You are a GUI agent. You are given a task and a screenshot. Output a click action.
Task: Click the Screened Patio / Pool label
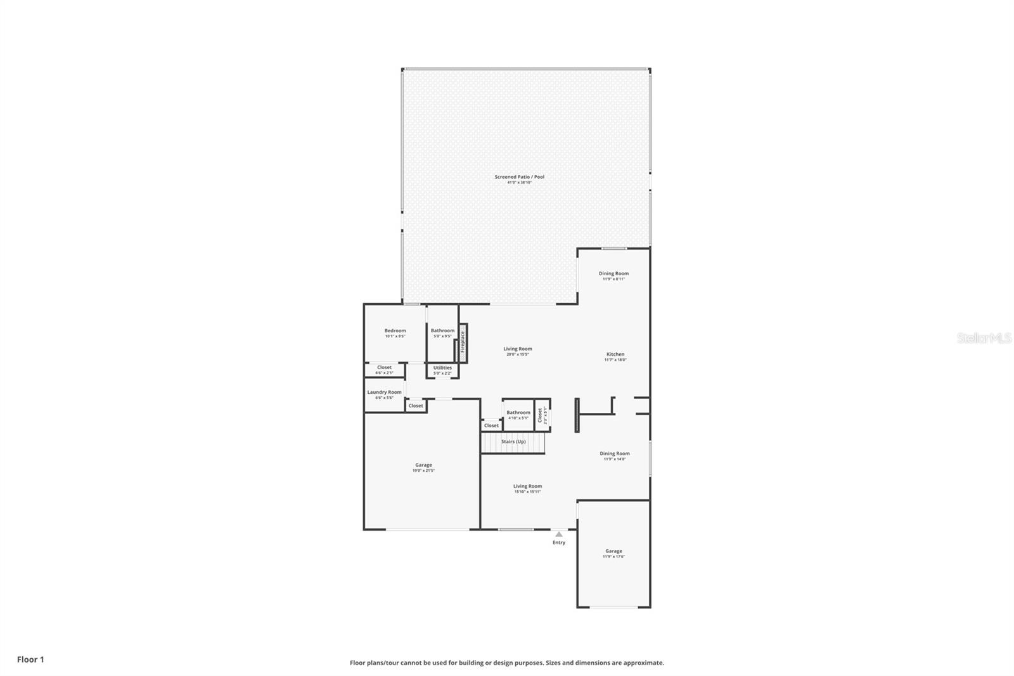click(519, 177)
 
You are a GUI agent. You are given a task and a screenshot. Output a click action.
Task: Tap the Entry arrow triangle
click(558, 535)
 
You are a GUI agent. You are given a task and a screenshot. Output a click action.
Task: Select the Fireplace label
click(463, 342)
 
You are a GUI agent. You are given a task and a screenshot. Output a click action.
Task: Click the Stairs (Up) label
click(513, 441)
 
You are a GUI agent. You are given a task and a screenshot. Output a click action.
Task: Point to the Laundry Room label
click(384, 393)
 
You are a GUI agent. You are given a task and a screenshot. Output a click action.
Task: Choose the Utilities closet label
click(442, 368)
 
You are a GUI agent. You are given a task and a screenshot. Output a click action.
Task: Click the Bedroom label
click(395, 331)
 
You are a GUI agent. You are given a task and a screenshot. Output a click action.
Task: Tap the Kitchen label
click(615, 354)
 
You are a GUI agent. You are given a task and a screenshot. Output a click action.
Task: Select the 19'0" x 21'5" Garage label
click(423, 465)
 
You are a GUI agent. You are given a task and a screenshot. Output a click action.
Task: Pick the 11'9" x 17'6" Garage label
click(613, 552)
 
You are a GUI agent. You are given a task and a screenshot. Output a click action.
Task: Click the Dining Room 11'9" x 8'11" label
click(613, 274)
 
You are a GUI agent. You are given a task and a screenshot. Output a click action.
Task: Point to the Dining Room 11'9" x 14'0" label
click(614, 454)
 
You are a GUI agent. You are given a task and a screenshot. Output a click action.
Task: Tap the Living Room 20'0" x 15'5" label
click(518, 349)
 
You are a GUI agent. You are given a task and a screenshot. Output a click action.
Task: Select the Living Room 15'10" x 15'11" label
click(527, 486)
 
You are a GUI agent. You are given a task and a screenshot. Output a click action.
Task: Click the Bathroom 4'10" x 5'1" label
click(518, 413)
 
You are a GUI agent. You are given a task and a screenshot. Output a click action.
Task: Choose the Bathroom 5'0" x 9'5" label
click(442, 331)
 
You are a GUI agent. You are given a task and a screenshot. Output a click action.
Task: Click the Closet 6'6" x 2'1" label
click(384, 368)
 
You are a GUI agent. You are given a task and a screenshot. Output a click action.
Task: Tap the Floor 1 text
click(30, 660)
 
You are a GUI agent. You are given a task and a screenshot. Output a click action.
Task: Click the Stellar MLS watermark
click(984, 338)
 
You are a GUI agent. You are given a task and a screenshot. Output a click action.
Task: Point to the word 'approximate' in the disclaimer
click(643, 663)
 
